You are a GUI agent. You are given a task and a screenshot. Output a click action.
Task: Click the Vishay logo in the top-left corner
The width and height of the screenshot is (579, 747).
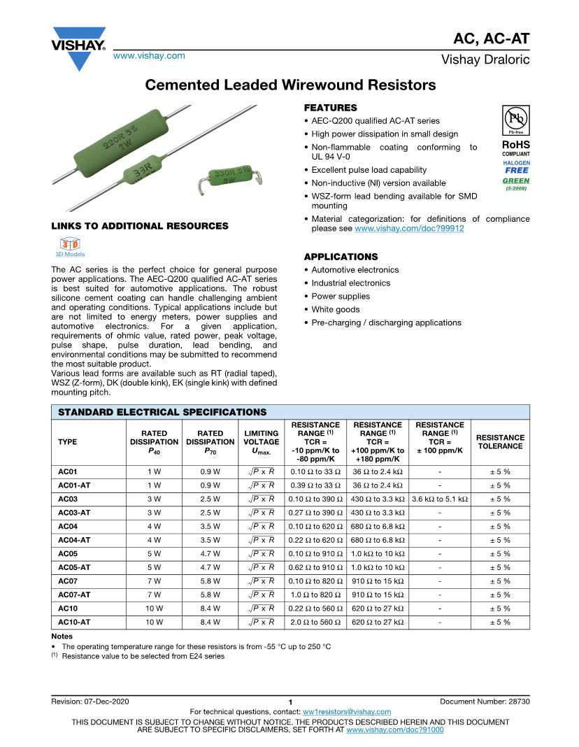(x=78, y=48)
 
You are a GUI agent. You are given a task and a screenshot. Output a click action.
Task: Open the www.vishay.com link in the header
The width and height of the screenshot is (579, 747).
(x=149, y=55)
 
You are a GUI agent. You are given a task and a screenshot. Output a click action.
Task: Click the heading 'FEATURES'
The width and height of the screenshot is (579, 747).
(x=330, y=108)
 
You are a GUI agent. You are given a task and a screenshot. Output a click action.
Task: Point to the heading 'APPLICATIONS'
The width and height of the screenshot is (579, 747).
(x=341, y=257)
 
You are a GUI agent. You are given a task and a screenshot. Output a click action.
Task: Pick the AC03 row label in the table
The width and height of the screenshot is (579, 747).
(x=68, y=499)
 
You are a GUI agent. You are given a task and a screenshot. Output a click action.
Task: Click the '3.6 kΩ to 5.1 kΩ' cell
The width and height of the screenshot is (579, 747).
(x=440, y=499)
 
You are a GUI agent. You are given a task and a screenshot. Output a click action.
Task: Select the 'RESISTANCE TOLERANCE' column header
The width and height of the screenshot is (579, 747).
(x=500, y=442)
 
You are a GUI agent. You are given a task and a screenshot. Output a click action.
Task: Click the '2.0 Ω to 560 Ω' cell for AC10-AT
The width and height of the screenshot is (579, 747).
(x=315, y=622)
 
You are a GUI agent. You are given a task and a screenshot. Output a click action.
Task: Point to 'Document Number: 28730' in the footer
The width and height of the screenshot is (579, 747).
(x=485, y=701)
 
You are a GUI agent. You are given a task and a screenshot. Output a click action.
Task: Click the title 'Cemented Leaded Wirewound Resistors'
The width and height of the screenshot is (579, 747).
(x=289, y=85)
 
